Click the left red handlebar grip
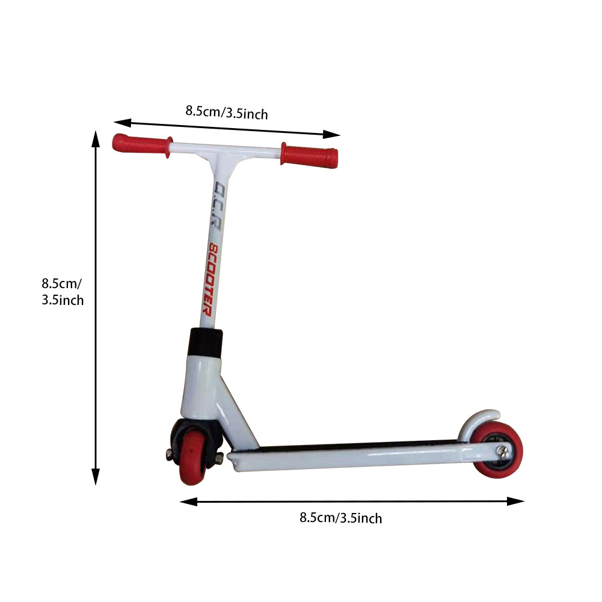[x=142, y=145]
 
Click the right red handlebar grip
[x=310, y=155]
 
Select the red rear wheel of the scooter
[x=497, y=450]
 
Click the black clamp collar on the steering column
[x=206, y=343]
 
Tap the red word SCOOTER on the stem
[x=210, y=280]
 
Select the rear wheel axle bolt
[x=503, y=452]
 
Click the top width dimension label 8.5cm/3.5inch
[x=227, y=112]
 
